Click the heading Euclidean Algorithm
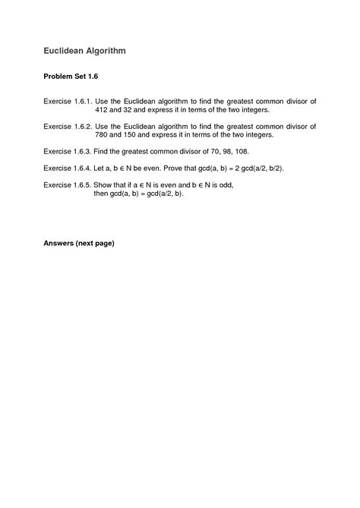84,51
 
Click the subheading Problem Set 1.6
71,77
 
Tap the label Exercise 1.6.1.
68,100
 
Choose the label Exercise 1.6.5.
68,184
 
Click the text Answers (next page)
78,245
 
